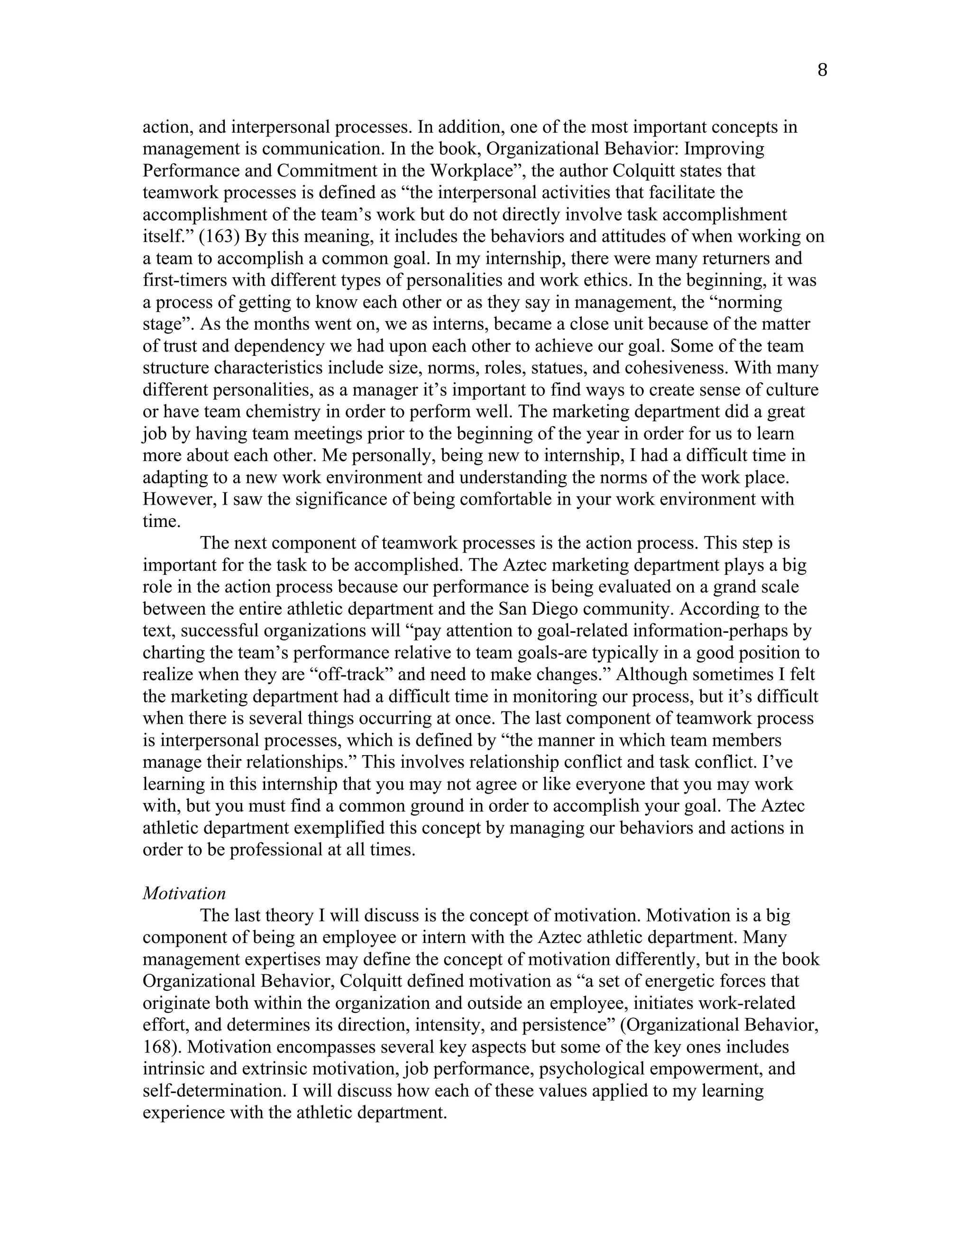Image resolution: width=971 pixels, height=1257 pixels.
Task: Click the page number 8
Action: click(822, 70)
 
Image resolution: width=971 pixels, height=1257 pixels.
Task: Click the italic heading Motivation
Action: click(184, 893)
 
